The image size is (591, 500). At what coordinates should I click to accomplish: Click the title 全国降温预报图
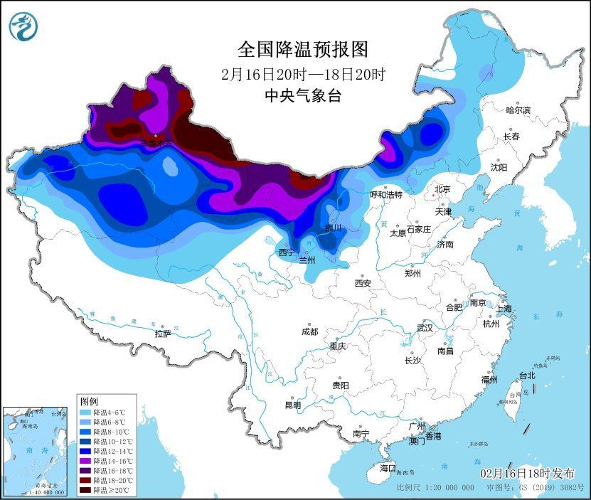(303, 49)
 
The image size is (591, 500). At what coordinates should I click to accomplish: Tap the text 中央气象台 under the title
(303, 96)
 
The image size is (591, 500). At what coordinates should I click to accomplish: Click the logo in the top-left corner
(22, 27)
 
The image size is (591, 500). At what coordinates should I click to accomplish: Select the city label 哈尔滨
(518, 110)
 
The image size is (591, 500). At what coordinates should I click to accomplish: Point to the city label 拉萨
(163, 334)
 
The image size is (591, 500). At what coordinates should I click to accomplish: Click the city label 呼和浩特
(386, 194)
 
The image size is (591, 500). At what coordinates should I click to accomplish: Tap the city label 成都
(309, 331)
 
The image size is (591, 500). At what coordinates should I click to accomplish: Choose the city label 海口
(387, 468)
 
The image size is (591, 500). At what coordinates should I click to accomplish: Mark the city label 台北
(526, 376)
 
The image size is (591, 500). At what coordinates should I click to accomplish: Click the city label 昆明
(292, 405)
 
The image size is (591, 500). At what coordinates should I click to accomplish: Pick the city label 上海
(504, 309)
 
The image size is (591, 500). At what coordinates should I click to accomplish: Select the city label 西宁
(286, 252)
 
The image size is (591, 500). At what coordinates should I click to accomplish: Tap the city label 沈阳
(499, 167)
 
